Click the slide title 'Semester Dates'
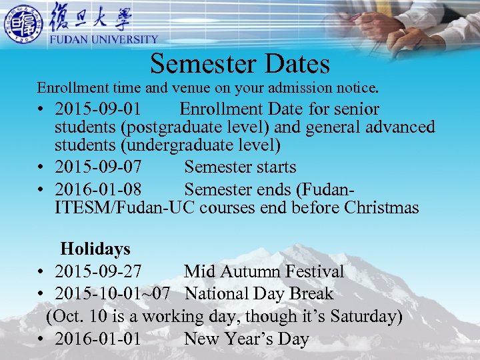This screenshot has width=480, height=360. point(240,64)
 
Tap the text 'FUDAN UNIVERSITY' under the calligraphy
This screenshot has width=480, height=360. point(104,40)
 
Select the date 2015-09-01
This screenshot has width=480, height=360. point(98,109)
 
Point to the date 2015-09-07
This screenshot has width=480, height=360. point(98,167)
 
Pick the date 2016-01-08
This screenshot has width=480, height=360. point(98,190)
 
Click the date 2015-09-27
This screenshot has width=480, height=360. point(98,271)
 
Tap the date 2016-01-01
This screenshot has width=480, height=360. point(98,339)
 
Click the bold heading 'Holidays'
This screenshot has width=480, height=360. point(95,249)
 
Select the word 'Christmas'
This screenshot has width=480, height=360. point(381,208)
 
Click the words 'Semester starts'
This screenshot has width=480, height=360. point(240,167)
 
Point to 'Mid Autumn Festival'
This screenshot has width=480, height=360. point(264,271)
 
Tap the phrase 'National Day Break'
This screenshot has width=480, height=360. point(259,294)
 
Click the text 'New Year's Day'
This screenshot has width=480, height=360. point(247,339)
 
